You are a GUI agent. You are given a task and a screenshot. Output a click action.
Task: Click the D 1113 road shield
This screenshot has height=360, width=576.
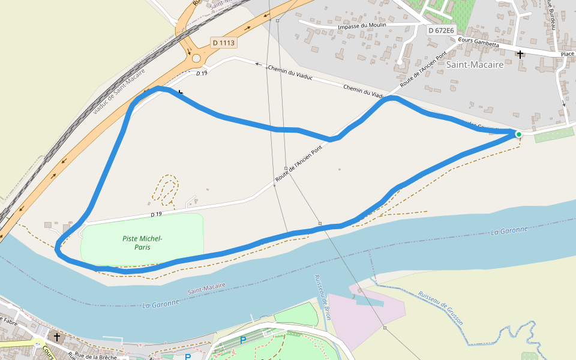coord(223,43)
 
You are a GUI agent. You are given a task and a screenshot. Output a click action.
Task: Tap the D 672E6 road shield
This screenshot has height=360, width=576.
coord(442,30)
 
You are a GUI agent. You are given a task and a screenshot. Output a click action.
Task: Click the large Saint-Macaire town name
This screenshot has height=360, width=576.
coord(475,65)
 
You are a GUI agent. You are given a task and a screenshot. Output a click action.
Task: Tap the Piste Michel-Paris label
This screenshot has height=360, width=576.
coord(142,242)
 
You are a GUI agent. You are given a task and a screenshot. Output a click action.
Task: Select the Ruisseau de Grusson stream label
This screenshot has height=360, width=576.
coord(441,307)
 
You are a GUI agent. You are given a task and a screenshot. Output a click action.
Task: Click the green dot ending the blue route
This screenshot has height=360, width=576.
coord(518,134)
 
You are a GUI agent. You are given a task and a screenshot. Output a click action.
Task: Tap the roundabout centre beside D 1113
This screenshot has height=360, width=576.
coord(196,58)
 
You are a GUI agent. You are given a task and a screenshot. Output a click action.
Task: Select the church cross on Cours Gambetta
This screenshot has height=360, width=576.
coord(520,54)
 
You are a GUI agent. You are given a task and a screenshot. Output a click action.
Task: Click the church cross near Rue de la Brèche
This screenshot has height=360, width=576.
coord(56,337)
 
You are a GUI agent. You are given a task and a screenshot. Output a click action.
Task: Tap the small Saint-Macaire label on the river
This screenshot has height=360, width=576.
coord(206,288)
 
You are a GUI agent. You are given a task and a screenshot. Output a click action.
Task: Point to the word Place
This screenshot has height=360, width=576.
coord(567,54)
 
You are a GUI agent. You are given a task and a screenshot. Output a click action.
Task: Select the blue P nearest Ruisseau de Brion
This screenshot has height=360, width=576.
coord(243,340)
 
